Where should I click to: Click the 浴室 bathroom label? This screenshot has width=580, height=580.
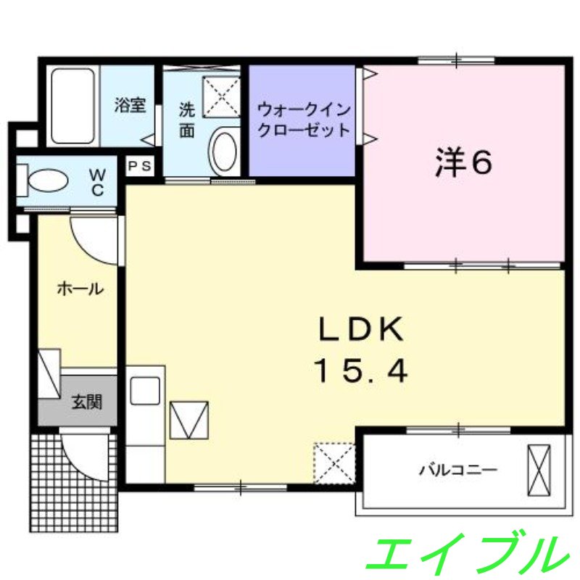pos(130,104)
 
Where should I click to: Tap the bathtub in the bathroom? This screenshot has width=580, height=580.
pos(72,106)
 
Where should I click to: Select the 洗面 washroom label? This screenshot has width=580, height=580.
pos(187,120)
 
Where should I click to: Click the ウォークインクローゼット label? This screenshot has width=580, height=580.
pos(304,120)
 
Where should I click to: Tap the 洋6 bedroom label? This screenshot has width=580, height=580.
pos(464,162)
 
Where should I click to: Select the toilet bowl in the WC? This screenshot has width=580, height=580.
pos(48,181)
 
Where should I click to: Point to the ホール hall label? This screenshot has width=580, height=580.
pos(79,289)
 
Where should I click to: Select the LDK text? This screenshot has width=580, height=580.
pos(360,330)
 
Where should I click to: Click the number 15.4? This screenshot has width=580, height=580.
pos(360,371)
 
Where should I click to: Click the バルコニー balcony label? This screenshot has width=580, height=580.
pos(457,470)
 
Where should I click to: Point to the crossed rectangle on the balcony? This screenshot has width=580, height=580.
pos(539,469)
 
